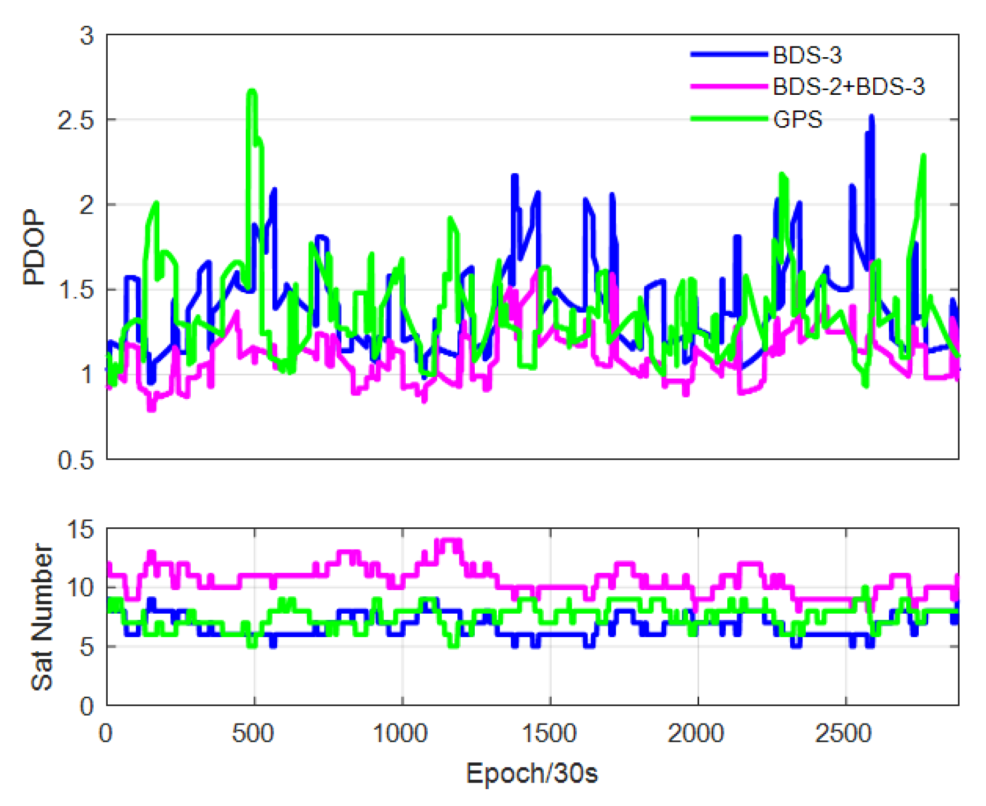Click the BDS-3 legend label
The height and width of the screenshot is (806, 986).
807,55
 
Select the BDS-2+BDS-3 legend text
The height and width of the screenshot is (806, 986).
848,87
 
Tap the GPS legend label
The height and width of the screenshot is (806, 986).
797,119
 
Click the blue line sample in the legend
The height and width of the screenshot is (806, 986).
728,54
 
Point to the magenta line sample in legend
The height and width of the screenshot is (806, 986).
728,86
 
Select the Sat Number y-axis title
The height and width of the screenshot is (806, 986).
42,616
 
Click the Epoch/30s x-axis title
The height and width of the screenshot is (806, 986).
531,773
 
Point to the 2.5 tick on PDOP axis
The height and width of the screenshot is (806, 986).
75,121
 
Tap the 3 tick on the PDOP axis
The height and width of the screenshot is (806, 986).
87,36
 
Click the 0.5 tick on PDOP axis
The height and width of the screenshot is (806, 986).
75,460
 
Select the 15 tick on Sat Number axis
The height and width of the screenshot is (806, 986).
80,529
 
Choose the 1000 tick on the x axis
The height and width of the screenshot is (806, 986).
401,733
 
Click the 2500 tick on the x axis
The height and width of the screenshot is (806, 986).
843,733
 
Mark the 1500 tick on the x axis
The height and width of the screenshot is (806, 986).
549,733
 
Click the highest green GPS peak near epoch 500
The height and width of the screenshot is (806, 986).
251,91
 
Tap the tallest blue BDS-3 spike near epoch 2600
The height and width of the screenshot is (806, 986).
871,117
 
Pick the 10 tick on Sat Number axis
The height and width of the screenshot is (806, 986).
80,588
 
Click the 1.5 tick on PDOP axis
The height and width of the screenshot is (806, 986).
75,290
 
